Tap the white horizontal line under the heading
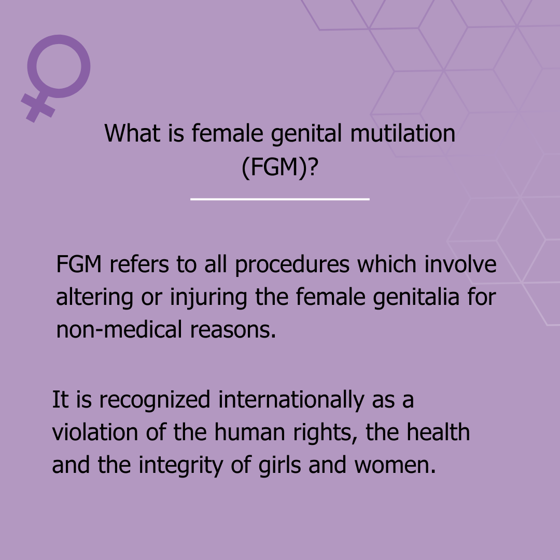tap(279, 199)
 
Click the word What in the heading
tap(133, 133)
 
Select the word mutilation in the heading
tap(402, 133)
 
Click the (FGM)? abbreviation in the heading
tap(279, 167)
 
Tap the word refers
tap(139, 264)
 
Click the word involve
tap(460, 264)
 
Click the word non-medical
tap(119, 330)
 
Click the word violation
tap(95, 432)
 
